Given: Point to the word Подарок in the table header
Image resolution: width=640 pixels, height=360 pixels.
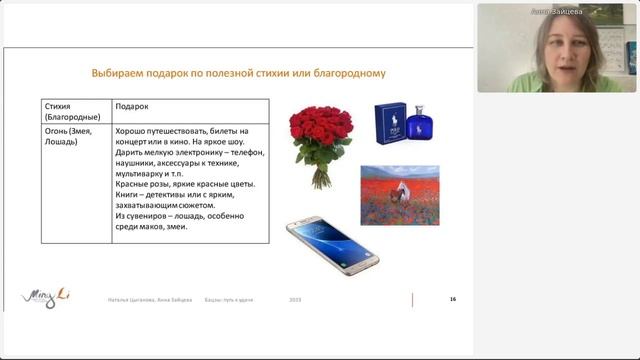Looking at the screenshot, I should tap(132, 106).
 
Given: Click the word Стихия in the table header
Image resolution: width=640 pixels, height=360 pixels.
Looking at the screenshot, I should tap(58, 106).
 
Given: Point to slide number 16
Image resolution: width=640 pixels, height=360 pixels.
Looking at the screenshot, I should tap(453, 299).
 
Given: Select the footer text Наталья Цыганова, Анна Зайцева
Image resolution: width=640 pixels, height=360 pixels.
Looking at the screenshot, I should tap(150, 300).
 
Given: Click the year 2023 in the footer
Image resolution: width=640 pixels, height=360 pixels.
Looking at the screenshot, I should tap(295, 300).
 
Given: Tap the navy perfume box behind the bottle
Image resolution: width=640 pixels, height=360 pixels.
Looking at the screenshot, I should tap(390, 124).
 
